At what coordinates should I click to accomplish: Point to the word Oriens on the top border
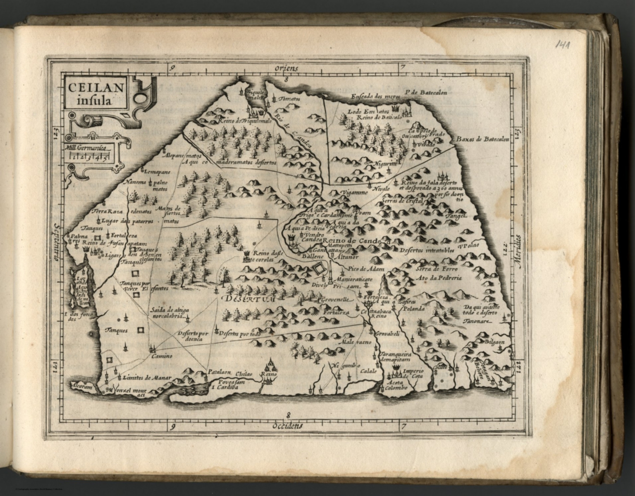[288, 67]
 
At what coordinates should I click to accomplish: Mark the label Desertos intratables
[427, 250]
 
